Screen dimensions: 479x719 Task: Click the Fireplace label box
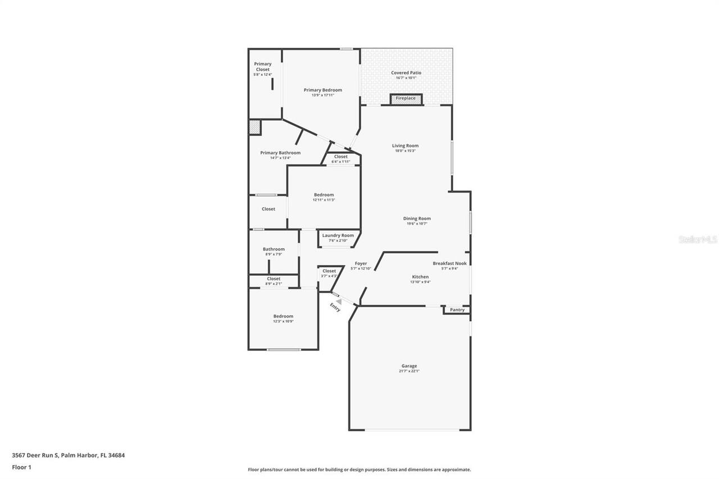(406, 99)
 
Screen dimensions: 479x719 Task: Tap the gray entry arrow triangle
(339, 302)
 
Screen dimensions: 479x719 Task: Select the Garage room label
(409, 366)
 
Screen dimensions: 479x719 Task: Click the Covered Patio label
(406, 73)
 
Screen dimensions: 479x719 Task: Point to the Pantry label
(457, 310)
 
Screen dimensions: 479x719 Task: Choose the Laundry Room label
(338, 235)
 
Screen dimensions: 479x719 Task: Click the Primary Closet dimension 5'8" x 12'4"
(263, 75)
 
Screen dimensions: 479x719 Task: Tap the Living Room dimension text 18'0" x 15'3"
(405, 150)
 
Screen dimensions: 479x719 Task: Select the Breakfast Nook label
(449, 263)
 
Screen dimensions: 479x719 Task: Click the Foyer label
(361, 263)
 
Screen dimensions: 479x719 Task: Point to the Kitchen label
(420, 277)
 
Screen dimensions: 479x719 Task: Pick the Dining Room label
(417, 218)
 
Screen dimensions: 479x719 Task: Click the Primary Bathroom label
(280, 153)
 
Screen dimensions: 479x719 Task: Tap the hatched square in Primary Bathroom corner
(255, 127)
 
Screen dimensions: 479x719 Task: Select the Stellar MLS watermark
(698, 239)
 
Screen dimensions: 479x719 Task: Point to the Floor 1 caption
(21, 467)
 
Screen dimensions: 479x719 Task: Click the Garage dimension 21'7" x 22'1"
(409, 371)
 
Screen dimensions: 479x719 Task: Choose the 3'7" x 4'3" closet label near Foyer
(329, 276)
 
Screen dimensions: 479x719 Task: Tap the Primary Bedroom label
(323, 90)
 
